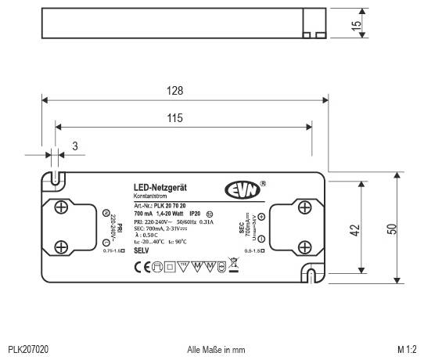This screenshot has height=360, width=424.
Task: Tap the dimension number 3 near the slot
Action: click(x=74, y=145)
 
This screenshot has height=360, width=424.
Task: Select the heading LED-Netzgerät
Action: click(x=160, y=189)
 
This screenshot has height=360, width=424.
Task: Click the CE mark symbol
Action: click(x=141, y=266)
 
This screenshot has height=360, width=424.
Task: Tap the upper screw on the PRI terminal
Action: click(x=60, y=207)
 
